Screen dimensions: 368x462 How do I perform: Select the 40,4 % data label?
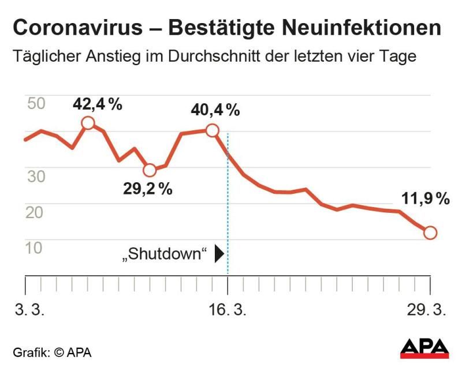215,110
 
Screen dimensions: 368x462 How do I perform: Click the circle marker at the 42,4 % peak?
88,123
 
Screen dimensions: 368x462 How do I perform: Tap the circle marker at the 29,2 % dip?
150,170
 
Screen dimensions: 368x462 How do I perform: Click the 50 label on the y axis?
36,104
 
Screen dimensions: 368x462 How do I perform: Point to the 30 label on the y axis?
36,176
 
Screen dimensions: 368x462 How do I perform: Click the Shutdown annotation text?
165,254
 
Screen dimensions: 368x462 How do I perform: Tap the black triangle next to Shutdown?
219,254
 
